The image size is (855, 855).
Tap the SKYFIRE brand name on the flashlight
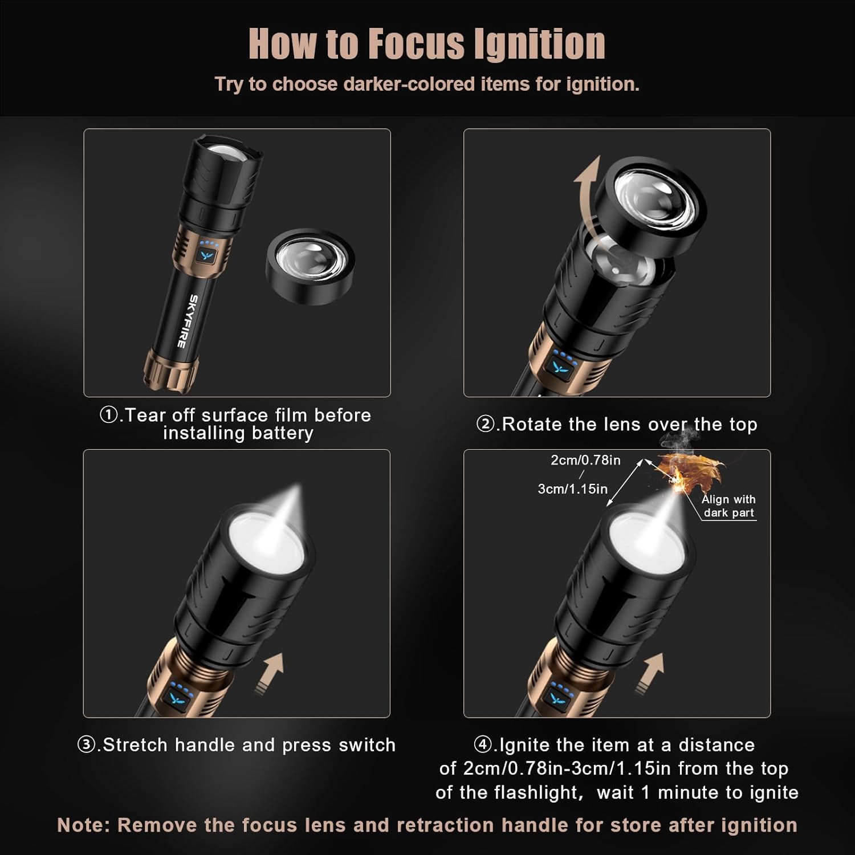click(x=187, y=320)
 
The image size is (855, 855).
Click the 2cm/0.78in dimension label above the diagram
click(x=585, y=460)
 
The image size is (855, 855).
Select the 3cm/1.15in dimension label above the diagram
click(x=572, y=489)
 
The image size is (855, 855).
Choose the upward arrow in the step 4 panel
click(x=652, y=673)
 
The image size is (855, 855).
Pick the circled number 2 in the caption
click(x=485, y=425)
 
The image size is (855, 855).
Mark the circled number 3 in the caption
click(x=86, y=745)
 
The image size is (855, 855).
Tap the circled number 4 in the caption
click(x=483, y=745)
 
